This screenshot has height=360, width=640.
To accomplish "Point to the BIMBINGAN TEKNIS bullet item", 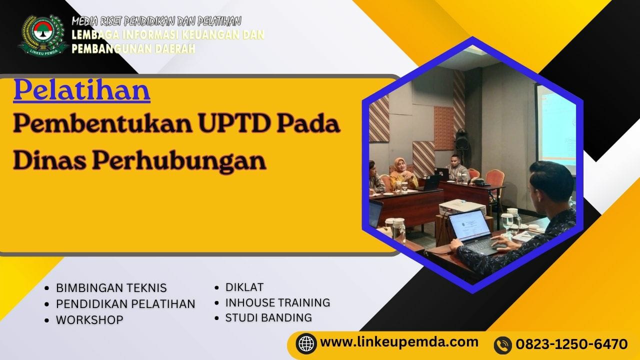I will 111,288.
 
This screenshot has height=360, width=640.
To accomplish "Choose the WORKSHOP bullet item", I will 89,320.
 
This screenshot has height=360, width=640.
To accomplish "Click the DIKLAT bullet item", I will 244,287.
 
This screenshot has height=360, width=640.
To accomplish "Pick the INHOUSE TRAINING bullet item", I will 277,302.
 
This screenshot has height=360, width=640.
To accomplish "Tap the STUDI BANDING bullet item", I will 268,317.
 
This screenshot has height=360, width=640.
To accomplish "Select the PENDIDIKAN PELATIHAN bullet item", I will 125,304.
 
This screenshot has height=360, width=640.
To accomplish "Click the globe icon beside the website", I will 306,343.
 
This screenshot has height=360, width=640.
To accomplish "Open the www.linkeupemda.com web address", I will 399,342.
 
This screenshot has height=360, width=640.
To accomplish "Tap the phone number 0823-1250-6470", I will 571,344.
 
